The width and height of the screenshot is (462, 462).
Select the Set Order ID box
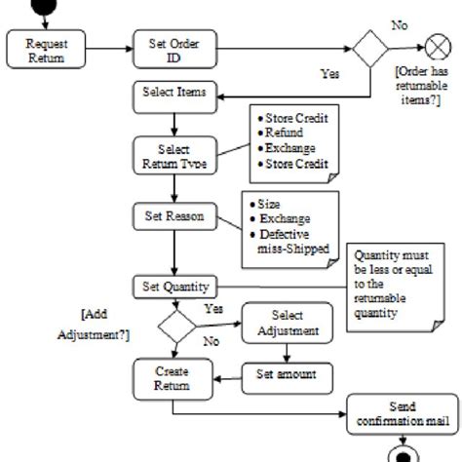point(173,49)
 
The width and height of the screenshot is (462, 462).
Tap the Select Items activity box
point(173,96)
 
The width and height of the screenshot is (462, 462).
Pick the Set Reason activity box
point(173,216)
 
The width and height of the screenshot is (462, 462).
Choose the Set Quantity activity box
point(173,287)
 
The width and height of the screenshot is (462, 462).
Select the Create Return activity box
point(172,377)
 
